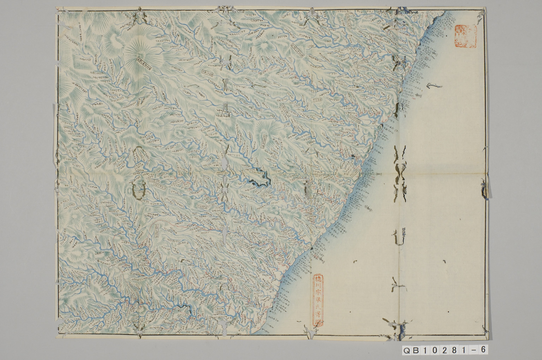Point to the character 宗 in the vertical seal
[x=318, y=294]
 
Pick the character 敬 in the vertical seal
[x=318, y=302]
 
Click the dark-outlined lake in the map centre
[x=260, y=177]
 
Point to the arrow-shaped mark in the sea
[x=431, y=86]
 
